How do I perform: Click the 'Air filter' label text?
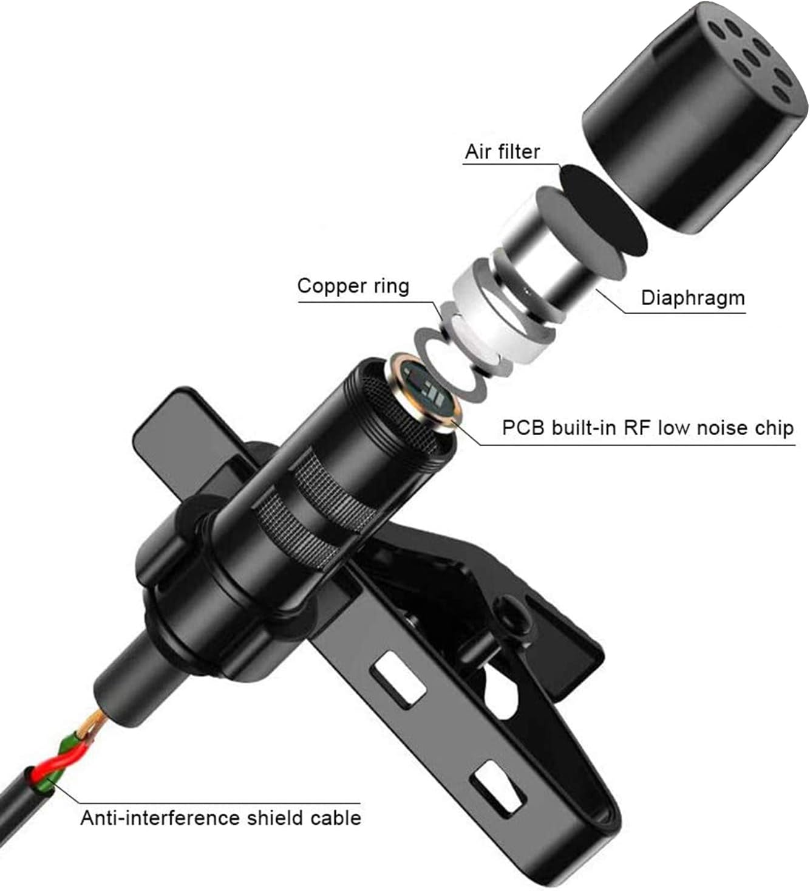point(502,152)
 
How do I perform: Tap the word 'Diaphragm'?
point(693,298)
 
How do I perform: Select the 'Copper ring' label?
point(353,286)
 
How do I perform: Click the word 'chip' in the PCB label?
point(773,428)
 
